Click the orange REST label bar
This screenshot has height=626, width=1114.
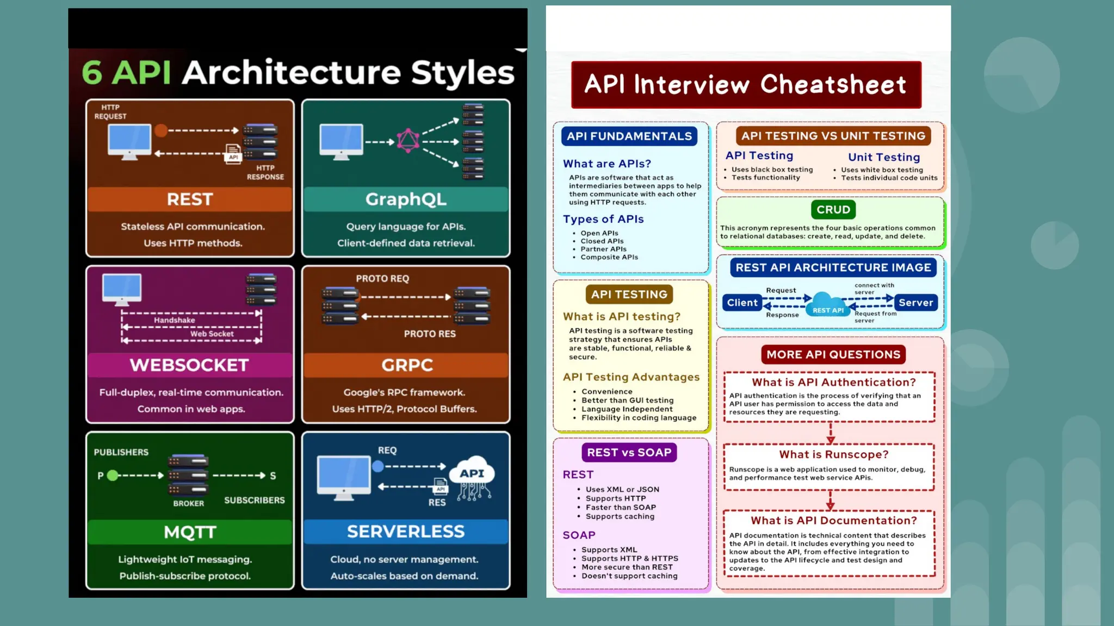point(190,199)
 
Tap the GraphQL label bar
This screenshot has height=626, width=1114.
point(406,199)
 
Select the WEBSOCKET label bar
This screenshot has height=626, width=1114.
point(190,365)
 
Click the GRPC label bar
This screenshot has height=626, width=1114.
point(406,365)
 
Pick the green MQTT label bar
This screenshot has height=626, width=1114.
point(190,532)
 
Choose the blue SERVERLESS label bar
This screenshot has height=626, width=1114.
point(406,531)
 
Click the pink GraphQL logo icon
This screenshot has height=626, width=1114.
point(408,141)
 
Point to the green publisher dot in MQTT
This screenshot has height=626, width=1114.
point(113,475)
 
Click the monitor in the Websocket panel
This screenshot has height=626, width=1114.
point(122,289)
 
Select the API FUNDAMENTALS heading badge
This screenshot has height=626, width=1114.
point(629,136)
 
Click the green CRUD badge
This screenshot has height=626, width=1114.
point(833,210)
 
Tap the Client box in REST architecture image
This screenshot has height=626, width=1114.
point(742,303)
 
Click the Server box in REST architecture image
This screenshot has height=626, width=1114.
point(915,303)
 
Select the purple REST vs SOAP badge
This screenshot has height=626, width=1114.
point(629,453)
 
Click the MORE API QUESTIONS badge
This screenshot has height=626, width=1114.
point(833,355)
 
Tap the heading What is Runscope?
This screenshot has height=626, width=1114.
point(833,455)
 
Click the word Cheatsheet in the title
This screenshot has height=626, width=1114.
point(833,85)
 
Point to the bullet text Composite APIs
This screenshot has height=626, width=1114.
point(609,258)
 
